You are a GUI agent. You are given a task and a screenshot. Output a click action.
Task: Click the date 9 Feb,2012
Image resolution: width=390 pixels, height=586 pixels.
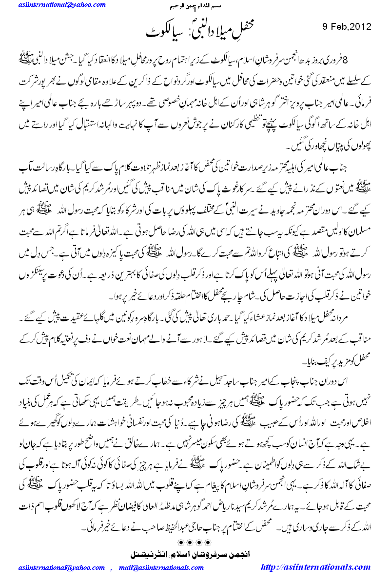(347, 26)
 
